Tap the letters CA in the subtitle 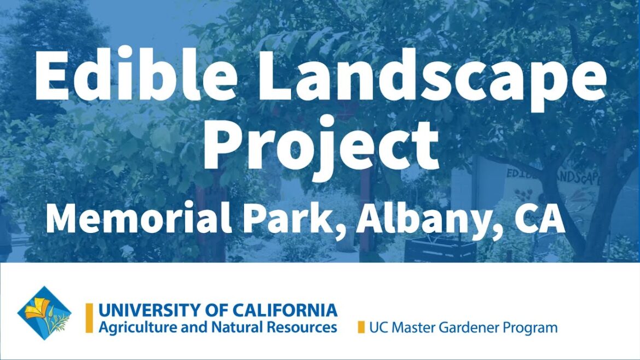pos(539,220)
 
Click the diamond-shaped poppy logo pos(44,313)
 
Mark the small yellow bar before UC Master pos(360,327)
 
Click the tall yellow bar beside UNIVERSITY pos(89,318)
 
